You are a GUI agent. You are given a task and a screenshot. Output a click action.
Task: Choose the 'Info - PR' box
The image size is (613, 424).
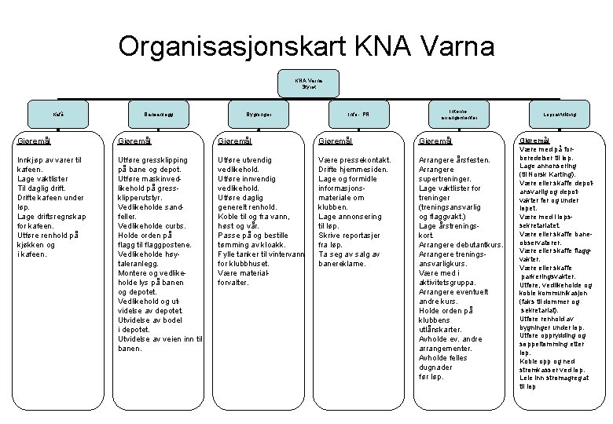coord(350,115)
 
